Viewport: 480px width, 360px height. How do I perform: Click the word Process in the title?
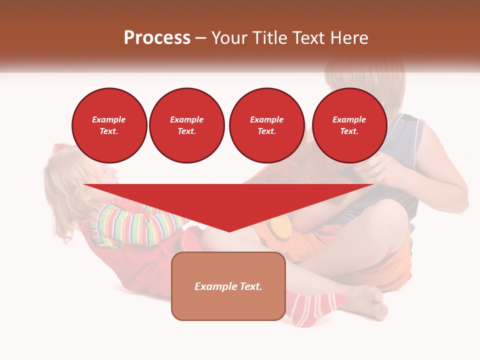(x=157, y=38)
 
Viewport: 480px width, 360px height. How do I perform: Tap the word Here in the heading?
(x=348, y=38)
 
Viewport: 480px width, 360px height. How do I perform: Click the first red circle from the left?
(x=109, y=125)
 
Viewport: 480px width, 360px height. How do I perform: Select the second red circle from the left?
(x=186, y=125)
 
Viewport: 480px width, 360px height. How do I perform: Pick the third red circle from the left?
(x=266, y=125)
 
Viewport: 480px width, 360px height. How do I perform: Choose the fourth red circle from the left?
(x=349, y=125)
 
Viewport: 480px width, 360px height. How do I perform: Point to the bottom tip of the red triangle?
(x=229, y=231)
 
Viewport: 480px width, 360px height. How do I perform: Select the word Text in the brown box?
(x=250, y=286)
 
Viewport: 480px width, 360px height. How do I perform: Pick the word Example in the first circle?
(x=109, y=119)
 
